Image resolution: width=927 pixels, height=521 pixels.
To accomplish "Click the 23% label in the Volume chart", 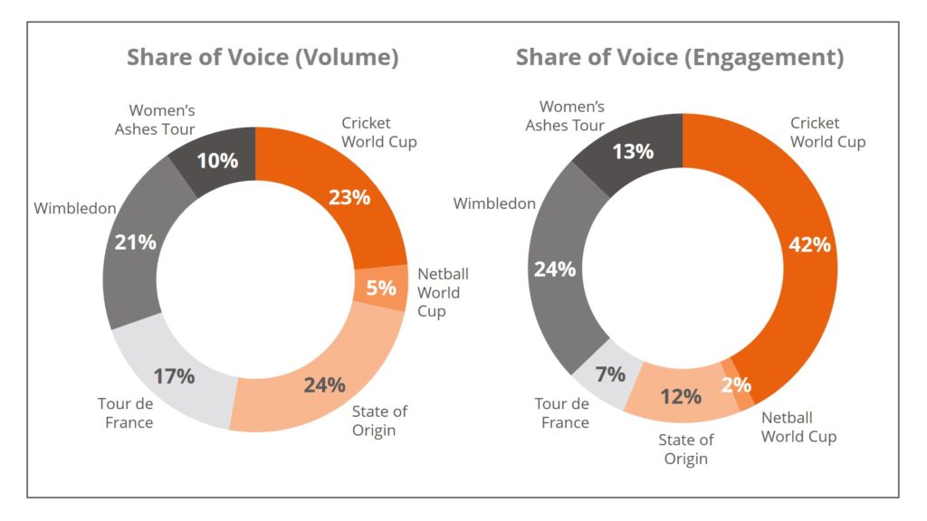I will tap(349, 196).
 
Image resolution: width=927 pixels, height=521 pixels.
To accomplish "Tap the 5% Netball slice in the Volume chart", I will tap(381, 288).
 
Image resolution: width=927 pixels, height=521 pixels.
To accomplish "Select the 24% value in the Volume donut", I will tap(324, 384).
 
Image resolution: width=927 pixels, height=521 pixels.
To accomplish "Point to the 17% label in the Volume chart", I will tap(174, 375).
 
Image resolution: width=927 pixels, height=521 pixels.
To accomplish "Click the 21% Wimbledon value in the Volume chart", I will tap(136, 242).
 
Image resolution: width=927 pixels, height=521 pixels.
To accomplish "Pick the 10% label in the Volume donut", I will tap(217, 161).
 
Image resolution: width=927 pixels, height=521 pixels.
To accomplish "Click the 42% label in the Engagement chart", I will tap(809, 243).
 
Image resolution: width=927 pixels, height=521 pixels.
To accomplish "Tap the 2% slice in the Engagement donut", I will tap(737, 384).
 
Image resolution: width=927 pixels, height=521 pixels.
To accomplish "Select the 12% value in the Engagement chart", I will tap(681, 396).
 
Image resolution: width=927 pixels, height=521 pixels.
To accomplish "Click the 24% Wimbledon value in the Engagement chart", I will tap(555, 269).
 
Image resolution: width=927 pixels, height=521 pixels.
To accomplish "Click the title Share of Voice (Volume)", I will tap(263, 58).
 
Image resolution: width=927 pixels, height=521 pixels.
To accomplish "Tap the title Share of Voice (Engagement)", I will tap(680, 58).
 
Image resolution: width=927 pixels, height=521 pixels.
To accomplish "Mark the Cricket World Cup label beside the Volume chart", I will tap(379, 132).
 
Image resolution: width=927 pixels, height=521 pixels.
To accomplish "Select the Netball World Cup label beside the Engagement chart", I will tap(798, 427).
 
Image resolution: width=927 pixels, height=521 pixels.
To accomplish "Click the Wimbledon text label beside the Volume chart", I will tap(75, 209).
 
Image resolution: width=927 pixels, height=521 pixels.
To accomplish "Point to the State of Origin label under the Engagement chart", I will tap(686, 449).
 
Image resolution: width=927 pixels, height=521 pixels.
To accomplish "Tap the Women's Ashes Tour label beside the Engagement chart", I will tap(565, 116).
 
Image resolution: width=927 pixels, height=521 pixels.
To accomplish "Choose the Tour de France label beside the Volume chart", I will tap(126, 413).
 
